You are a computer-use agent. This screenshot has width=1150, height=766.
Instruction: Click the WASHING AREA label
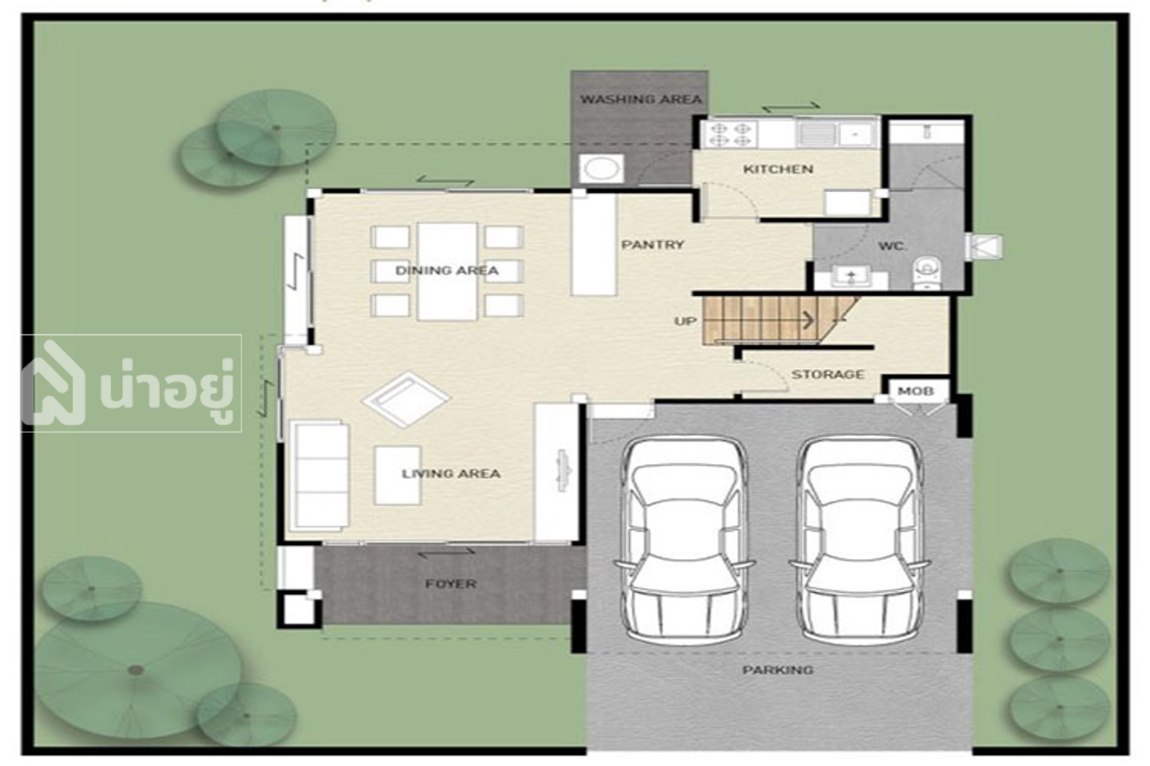[640, 99]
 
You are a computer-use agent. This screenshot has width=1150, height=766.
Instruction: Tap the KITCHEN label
[778, 169]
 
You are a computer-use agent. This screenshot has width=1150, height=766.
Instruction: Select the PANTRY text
[652, 245]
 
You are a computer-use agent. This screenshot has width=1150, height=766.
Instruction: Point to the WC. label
[892, 246]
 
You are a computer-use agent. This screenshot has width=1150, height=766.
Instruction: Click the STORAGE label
[828, 375]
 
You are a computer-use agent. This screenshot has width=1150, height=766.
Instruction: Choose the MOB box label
[915, 391]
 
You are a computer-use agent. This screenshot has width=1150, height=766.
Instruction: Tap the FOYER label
[451, 583]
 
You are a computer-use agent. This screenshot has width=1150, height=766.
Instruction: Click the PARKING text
[778, 670]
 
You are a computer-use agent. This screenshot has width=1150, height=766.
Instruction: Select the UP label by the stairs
[685, 321]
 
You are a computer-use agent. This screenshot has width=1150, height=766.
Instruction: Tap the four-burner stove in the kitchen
[731, 135]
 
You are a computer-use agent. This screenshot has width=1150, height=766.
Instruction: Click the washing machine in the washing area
[602, 169]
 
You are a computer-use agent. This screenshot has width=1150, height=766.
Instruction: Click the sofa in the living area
[319, 475]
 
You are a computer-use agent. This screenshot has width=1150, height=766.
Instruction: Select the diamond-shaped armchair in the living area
[406, 399]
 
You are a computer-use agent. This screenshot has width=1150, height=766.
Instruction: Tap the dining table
[447, 272]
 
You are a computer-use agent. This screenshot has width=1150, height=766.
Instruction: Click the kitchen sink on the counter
[818, 133]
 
